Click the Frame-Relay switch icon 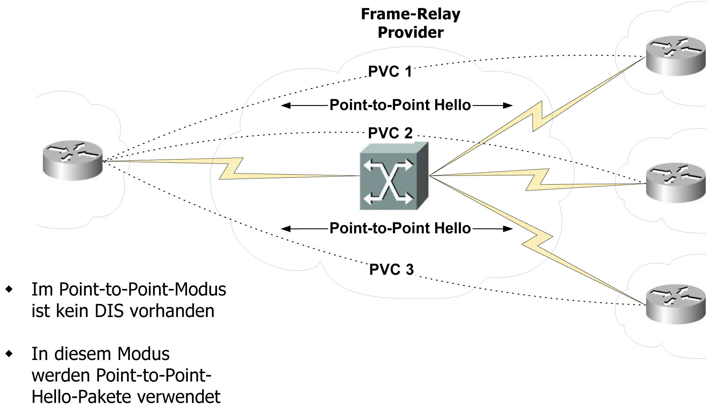tap(394, 176)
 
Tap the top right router tap(675, 56)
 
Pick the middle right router tap(675, 183)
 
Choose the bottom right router tap(675, 304)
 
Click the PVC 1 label tap(390, 72)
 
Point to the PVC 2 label tap(390, 133)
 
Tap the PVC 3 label tap(392, 269)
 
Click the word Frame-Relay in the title tap(411, 14)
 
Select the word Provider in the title tap(411, 33)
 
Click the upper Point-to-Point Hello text tap(400, 105)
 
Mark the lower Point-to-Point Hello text tap(400, 228)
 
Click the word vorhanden tap(172, 311)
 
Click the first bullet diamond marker tap(9, 289)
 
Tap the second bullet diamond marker tap(9, 353)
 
